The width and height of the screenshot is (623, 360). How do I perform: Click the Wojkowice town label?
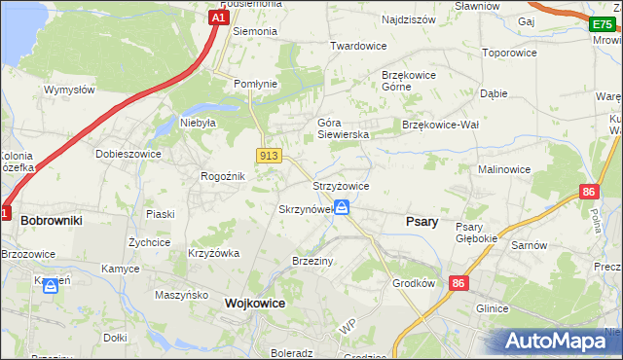(254, 304)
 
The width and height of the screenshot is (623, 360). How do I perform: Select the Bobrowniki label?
(51, 221)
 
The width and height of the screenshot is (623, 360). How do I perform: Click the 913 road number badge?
(270, 156)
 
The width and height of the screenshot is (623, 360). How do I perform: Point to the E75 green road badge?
(605, 23)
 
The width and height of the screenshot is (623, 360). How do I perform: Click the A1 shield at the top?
(220, 18)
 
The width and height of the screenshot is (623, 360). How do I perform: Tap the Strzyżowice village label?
(340, 186)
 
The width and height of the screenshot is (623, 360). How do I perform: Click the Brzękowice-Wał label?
(440, 125)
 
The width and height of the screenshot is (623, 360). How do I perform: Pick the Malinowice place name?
(503, 169)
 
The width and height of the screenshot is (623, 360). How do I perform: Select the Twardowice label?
(358, 46)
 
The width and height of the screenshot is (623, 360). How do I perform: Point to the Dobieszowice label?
(127, 154)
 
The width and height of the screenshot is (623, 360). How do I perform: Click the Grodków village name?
(413, 285)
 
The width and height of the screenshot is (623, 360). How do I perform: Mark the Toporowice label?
(512, 53)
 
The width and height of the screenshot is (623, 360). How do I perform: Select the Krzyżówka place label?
(213, 253)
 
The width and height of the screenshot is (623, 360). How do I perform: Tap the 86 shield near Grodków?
(458, 282)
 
